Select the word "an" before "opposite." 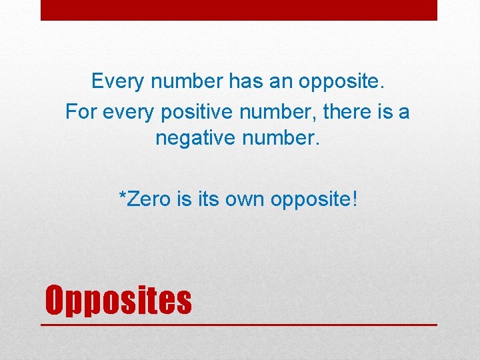click(279, 82)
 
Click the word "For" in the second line click(81, 112)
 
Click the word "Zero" click(149, 199)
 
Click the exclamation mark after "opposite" click(355, 199)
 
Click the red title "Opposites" click(118, 300)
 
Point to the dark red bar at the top click(239, 10)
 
